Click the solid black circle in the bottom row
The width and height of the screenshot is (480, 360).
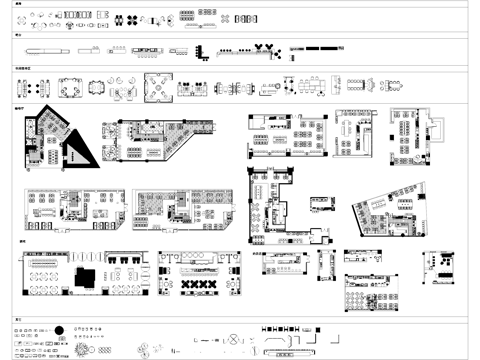click(x=59, y=330)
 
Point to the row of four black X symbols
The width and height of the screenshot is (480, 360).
click(x=196, y=286)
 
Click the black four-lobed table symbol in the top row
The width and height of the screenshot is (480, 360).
click(x=228, y=19)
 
